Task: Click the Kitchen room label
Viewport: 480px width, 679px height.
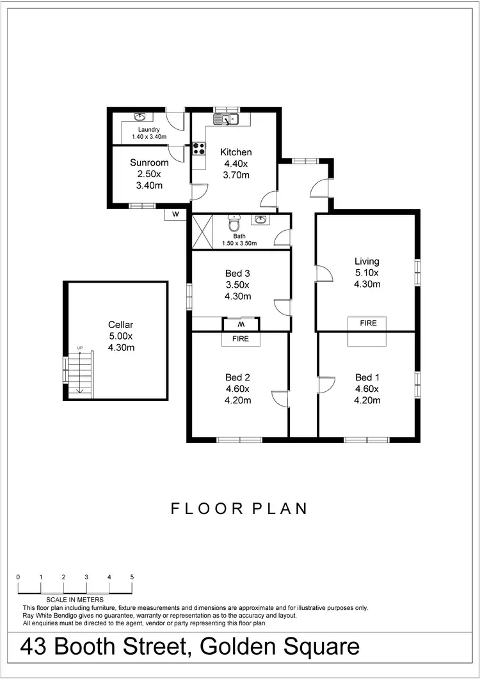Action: [x=236, y=152]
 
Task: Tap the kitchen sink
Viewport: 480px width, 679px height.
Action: [x=225, y=119]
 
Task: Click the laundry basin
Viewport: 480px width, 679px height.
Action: [x=140, y=117]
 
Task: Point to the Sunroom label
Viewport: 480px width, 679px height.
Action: [x=149, y=162]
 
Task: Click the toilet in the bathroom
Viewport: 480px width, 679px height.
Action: [x=234, y=224]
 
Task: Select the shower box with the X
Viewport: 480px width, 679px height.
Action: [x=202, y=231]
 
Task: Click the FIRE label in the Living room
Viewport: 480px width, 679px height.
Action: [x=368, y=324]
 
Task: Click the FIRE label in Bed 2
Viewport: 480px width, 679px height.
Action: [x=241, y=339]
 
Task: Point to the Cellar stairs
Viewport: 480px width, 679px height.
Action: [x=81, y=375]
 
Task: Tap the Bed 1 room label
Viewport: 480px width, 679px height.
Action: [x=367, y=377]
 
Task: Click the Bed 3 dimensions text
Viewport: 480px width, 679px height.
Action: [x=237, y=291]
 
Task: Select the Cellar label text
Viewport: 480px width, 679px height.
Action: [x=120, y=325]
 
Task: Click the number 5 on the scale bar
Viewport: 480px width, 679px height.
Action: [x=132, y=577]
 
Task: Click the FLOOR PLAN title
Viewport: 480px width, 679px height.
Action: [x=239, y=509]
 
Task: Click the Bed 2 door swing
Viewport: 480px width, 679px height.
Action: [x=279, y=398]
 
